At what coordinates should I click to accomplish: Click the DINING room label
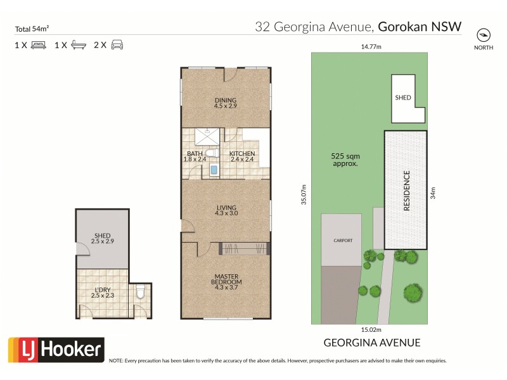(x=225, y=100)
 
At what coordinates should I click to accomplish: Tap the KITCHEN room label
(x=242, y=154)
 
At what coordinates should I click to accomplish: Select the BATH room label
(x=195, y=154)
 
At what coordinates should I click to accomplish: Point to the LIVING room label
(x=226, y=208)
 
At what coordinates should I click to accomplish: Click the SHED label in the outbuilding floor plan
(x=101, y=236)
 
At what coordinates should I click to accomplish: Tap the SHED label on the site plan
(x=403, y=98)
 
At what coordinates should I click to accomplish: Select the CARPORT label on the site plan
(x=343, y=241)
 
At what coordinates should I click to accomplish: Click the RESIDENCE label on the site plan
(x=406, y=191)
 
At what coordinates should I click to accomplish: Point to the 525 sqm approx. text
(x=345, y=159)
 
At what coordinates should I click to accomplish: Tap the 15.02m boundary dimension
(x=371, y=329)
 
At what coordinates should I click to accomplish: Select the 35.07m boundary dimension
(x=304, y=194)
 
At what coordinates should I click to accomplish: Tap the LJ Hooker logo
(x=55, y=349)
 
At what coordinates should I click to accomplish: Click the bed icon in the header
(x=38, y=45)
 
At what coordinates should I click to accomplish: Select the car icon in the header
(x=117, y=45)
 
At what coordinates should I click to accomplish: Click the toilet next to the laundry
(x=141, y=293)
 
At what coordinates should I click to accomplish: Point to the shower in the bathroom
(x=205, y=135)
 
